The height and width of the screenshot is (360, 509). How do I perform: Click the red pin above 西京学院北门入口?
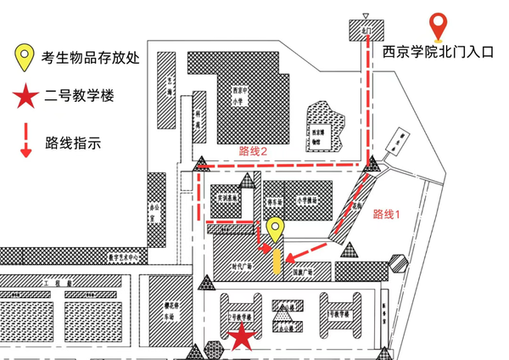click(438, 28)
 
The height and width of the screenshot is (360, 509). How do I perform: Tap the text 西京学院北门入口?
click(438, 52)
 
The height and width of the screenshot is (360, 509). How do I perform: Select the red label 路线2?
click(254, 151)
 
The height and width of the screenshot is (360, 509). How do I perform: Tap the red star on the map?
click(242, 337)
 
